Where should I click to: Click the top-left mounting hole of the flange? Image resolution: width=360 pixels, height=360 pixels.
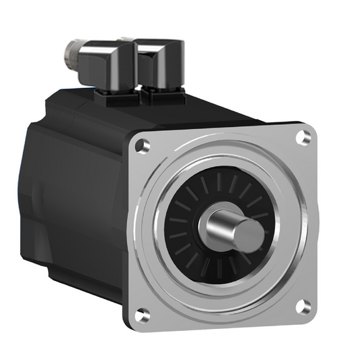[x=141, y=145]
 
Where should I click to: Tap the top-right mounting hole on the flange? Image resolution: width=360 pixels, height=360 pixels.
[x=303, y=138]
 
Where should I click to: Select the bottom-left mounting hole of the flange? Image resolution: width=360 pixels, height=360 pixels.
[x=141, y=314]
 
